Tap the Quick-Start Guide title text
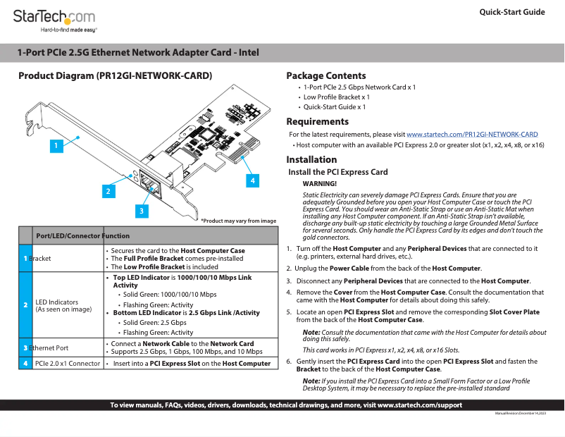pos(512,12)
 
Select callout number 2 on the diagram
pos(108,190)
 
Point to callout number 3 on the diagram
pos(142,210)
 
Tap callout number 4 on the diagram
pos(252,180)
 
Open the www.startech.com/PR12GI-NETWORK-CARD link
pos(472,134)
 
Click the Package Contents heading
pos(326,75)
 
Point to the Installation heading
pos(311,159)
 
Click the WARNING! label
pos(320,183)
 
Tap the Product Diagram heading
pos(115,75)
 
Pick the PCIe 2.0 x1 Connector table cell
pos(68,364)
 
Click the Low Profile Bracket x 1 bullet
pos(336,97)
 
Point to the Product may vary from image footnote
pos(238,221)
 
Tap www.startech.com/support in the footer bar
pos(420,405)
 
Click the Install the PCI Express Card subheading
pos(338,172)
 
